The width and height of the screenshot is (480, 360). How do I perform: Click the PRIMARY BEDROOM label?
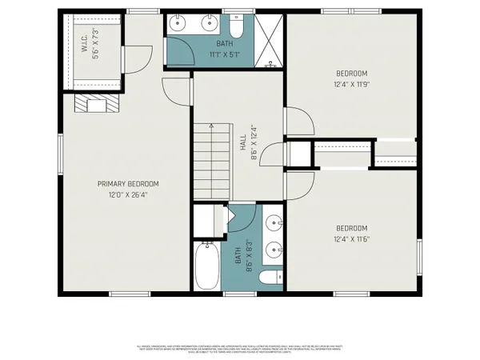pos(123,182)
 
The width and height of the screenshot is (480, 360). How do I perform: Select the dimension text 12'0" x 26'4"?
pos(123,194)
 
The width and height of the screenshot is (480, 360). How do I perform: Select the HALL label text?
pos(242,142)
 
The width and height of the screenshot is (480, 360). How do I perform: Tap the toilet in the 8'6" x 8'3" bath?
pos(272,278)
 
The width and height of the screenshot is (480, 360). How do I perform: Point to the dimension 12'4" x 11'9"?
pos(352,83)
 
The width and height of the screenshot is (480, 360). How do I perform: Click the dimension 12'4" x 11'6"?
pos(352,238)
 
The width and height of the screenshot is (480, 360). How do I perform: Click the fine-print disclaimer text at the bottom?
pos(240,349)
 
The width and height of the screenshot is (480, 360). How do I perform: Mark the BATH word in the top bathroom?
pos(224,45)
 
